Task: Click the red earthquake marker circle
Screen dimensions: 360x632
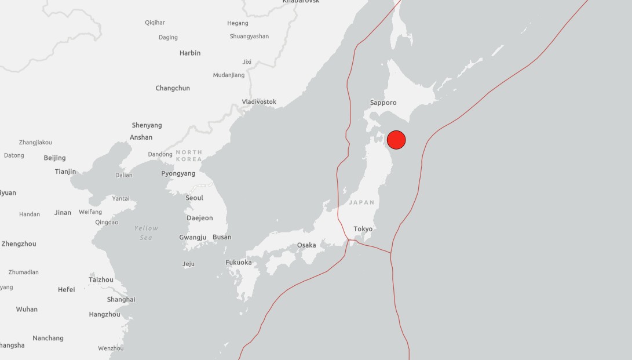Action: [x=396, y=140]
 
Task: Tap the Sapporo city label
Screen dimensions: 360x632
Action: [x=383, y=103]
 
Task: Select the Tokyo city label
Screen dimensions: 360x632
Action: [x=363, y=229]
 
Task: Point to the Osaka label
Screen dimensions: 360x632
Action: [x=306, y=245]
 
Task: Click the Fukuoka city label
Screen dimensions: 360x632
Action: [x=239, y=263]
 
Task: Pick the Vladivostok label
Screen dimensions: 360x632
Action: [x=259, y=102]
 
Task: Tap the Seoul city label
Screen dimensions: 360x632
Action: [x=194, y=198]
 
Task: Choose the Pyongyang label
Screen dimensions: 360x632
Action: [x=178, y=173]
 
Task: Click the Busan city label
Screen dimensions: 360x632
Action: [x=222, y=237]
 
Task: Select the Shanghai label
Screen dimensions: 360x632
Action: [x=121, y=300]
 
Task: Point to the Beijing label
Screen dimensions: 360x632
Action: [x=54, y=158]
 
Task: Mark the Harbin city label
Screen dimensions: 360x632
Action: [x=190, y=53]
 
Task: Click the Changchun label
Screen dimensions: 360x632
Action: [x=173, y=88]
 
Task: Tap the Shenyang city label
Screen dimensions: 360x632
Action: [x=147, y=125]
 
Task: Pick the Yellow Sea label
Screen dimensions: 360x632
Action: [x=146, y=233]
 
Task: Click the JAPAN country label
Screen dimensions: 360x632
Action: [x=361, y=202]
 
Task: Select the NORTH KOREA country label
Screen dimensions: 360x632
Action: [x=189, y=155]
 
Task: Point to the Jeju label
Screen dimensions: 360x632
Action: [x=188, y=264]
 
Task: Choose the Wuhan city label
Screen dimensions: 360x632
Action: [x=27, y=309]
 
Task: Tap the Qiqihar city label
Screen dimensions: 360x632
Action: [x=155, y=23]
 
